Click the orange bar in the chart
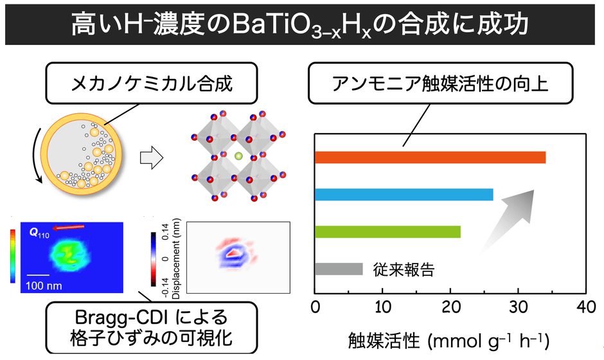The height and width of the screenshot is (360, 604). click(x=430, y=157)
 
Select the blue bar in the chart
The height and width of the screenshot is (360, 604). click(x=404, y=195)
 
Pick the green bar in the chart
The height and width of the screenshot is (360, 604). click(x=387, y=232)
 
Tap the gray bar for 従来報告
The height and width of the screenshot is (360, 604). click(x=339, y=269)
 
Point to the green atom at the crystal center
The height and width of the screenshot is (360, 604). click(x=238, y=156)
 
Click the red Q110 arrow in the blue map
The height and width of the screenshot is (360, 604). click(x=68, y=226)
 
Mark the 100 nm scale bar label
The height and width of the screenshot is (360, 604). click(x=44, y=283)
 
